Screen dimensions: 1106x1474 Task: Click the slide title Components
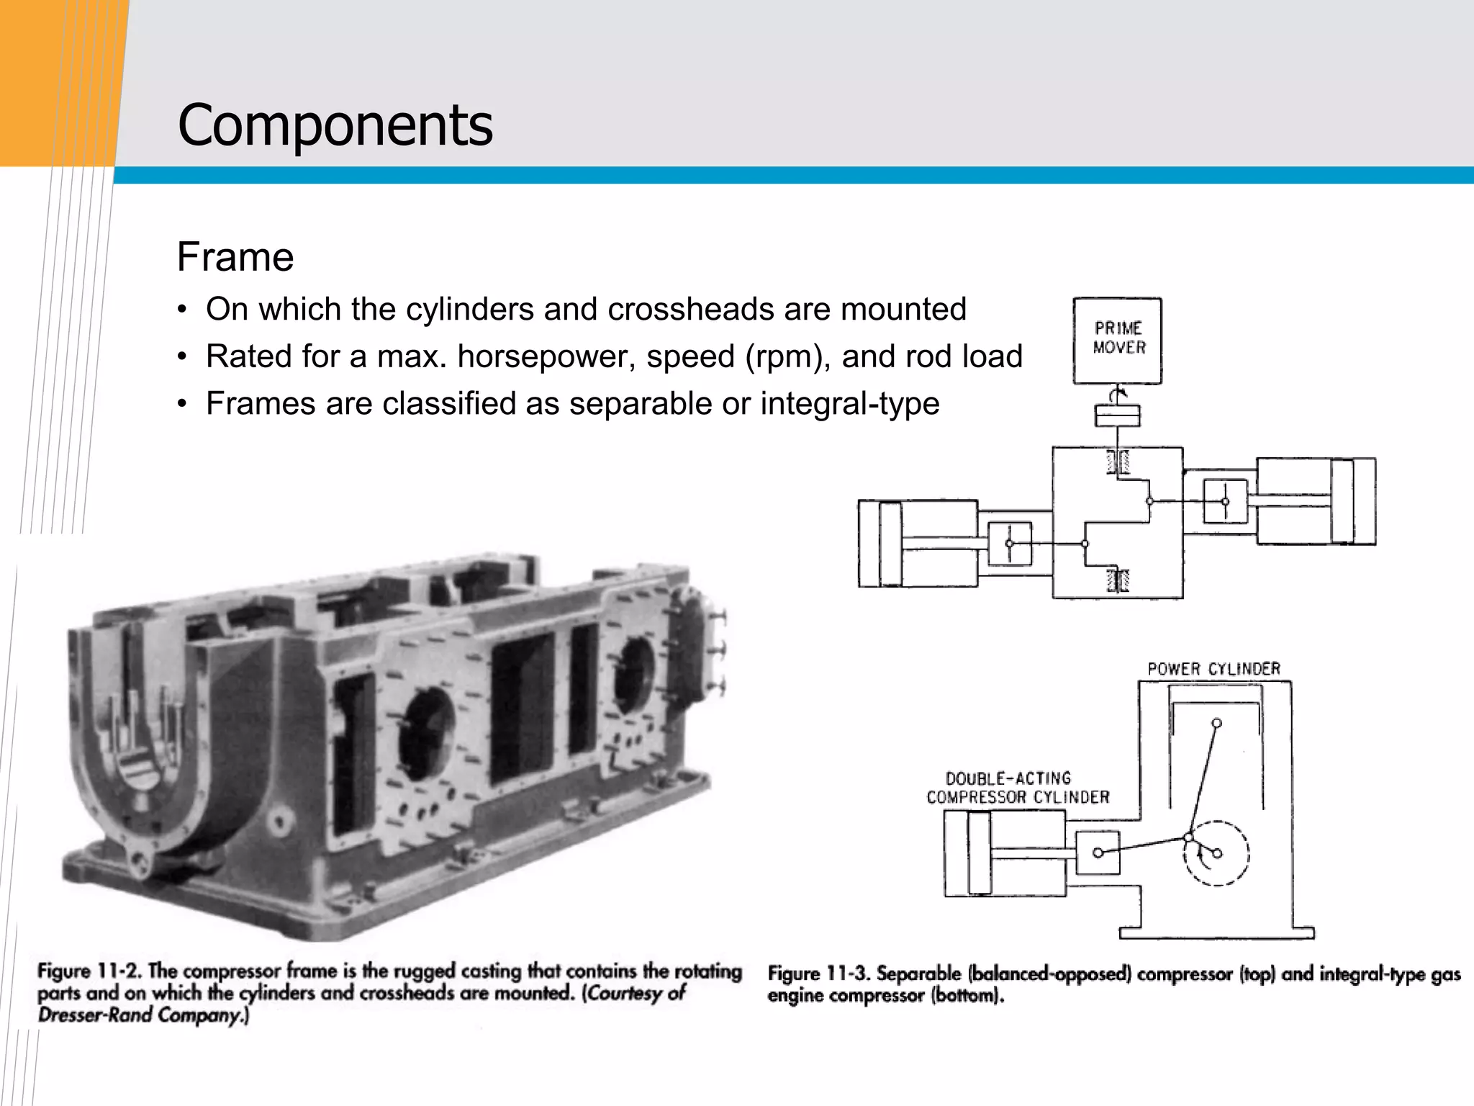[x=335, y=125]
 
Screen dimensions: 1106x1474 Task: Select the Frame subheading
[x=235, y=257]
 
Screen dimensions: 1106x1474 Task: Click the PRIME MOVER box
[x=1117, y=340]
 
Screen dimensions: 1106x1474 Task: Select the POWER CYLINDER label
[x=1213, y=669]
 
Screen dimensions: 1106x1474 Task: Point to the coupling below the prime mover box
[x=1117, y=416]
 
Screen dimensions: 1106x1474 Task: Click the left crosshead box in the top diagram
[x=1009, y=544]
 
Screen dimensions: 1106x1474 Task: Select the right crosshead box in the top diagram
[x=1225, y=501]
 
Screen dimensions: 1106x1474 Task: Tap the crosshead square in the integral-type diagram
[x=1098, y=853]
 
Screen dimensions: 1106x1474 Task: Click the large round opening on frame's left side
[x=426, y=734]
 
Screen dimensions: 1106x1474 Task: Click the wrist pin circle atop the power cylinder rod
[x=1216, y=723]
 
